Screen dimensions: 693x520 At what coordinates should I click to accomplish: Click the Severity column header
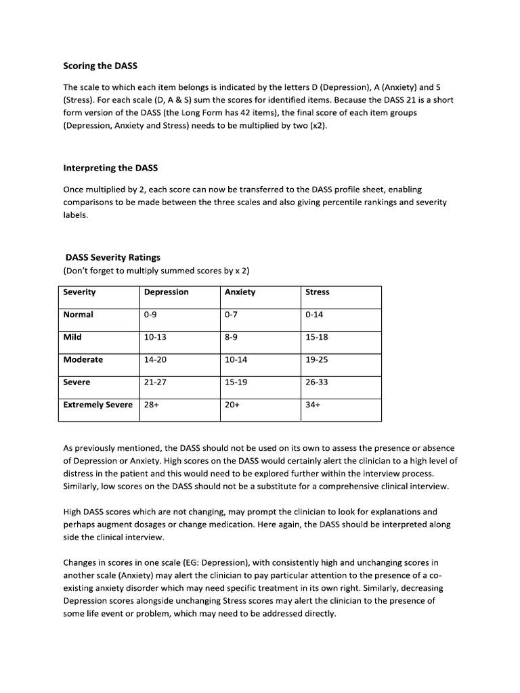[79, 292]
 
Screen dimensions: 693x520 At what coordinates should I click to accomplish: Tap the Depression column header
[166, 292]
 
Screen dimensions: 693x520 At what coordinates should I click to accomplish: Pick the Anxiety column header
[240, 292]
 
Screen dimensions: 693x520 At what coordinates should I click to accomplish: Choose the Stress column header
[318, 292]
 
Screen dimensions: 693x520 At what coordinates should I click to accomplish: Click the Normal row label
[78, 315]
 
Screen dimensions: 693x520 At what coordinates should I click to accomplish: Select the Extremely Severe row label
[97, 405]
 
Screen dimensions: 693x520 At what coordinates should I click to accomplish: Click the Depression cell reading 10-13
[155, 337]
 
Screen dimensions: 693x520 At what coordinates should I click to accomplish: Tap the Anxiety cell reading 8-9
[232, 337]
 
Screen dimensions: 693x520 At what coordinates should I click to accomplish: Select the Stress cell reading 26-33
[317, 382]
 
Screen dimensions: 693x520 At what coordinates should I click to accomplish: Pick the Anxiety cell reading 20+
[232, 405]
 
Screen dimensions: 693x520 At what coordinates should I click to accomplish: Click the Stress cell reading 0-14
[315, 315]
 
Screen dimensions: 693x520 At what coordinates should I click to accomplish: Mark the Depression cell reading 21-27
[155, 382]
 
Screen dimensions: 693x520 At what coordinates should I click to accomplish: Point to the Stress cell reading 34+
[313, 405]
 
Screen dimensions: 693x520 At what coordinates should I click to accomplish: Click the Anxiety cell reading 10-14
[236, 360]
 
